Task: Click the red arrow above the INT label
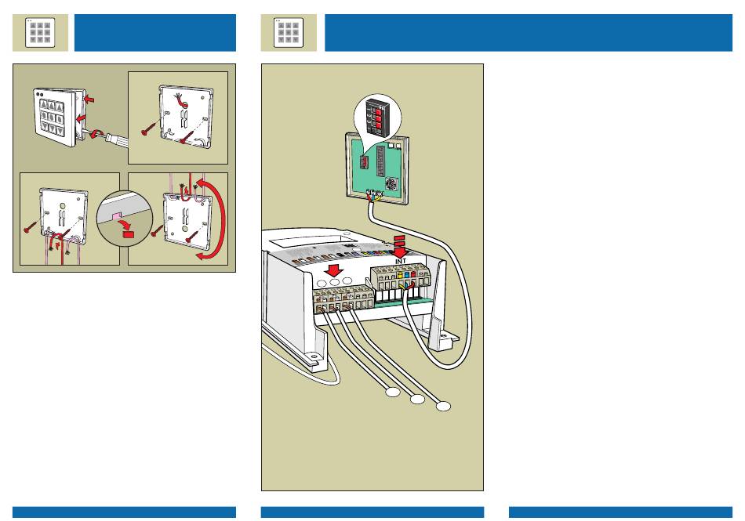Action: (x=400, y=243)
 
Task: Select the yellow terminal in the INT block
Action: (x=400, y=275)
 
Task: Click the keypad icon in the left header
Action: (x=40, y=33)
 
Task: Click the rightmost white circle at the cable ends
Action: (x=444, y=406)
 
